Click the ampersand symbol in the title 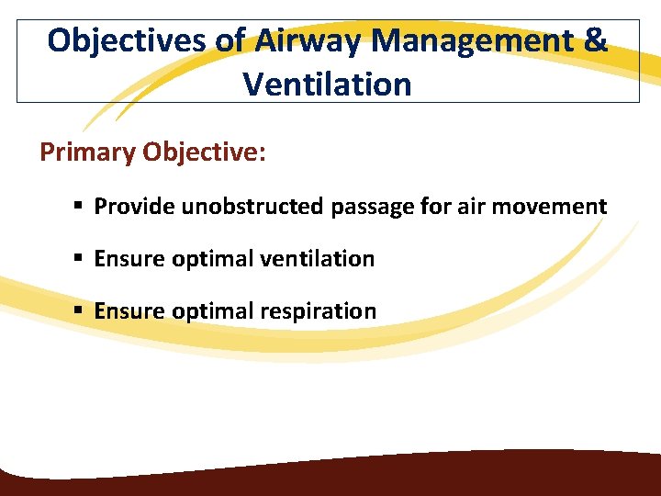[x=595, y=40]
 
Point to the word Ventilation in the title [x=327, y=84]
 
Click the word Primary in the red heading [x=87, y=152]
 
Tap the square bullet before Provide [x=80, y=207]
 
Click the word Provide [x=134, y=207]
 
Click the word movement [x=553, y=207]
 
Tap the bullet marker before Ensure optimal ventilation [x=80, y=259]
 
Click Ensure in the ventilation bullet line [x=128, y=259]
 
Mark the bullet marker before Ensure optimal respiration [x=80, y=311]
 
